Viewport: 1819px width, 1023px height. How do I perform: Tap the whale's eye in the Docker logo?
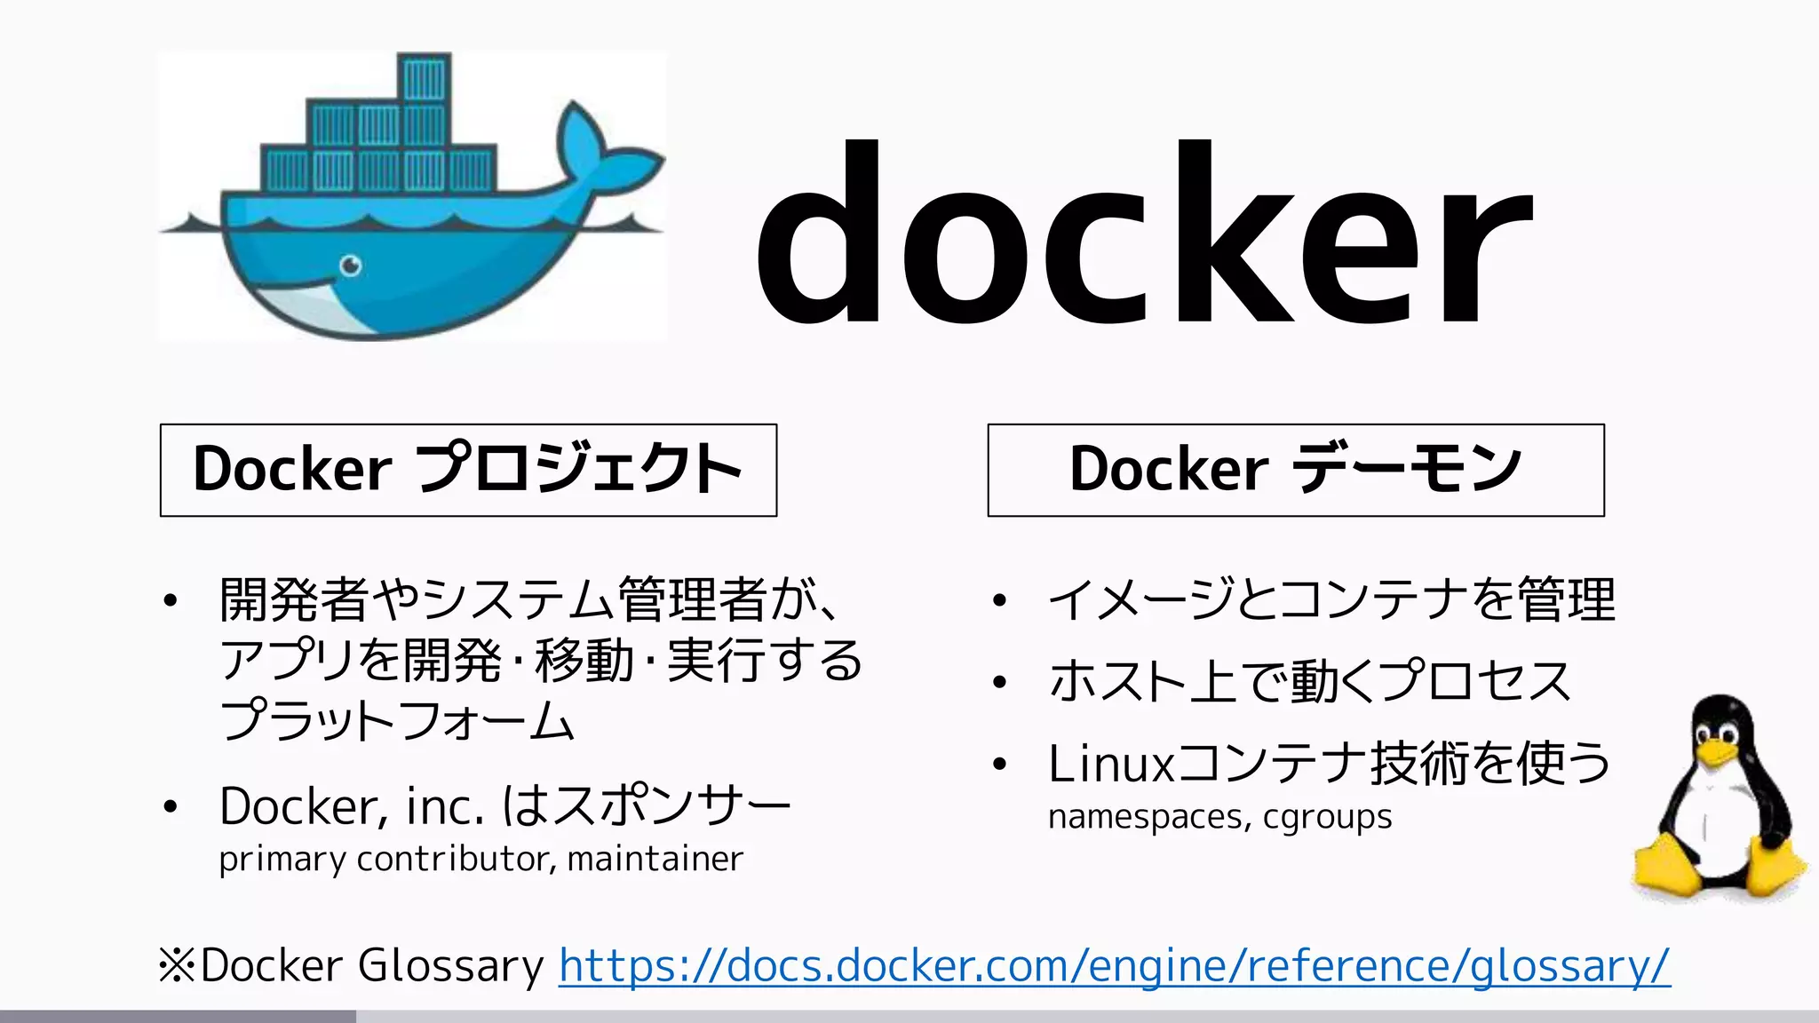click(x=352, y=265)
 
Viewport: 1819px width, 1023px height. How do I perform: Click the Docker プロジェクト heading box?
click(x=468, y=470)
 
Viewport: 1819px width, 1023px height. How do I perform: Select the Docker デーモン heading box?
click(x=1295, y=470)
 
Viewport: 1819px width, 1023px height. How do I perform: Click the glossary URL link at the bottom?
click(x=1114, y=966)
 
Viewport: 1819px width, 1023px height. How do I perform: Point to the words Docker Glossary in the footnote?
click(x=371, y=966)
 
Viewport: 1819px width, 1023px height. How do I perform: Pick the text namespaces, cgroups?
click(x=1219, y=816)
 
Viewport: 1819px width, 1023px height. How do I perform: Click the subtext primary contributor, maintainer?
click(x=481, y=859)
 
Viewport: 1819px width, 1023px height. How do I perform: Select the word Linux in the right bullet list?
click(x=1110, y=764)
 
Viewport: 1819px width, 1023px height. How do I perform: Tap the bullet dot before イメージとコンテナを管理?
click(x=999, y=601)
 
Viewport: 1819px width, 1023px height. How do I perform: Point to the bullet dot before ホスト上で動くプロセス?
click(x=999, y=683)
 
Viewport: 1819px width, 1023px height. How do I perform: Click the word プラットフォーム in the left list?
click(x=397, y=720)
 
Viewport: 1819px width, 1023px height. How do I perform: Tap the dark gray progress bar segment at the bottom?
click(x=178, y=1016)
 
